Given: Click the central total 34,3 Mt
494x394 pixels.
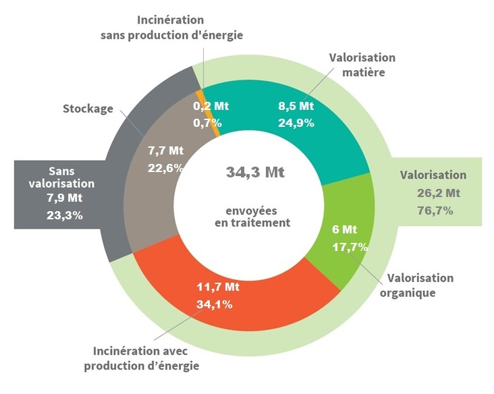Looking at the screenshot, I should pos(255,172).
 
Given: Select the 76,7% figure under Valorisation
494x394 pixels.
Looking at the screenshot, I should pos(434,210).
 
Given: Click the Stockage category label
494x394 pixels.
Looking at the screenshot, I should pos(88,109).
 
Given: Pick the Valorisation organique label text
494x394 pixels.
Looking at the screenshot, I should pos(420,285).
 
